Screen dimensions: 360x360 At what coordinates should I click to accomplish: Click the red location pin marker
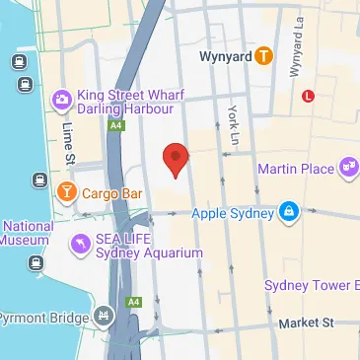click(x=176, y=159)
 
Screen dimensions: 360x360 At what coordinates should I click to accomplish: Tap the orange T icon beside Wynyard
click(x=263, y=57)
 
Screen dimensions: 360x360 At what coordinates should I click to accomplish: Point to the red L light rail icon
click(x=309, y=96)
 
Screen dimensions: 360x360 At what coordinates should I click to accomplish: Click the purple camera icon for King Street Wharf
click(x=61, y=99)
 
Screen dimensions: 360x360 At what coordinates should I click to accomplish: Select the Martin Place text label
click(x=296, y=169)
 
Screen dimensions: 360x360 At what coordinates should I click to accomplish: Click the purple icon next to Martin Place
click(x=348, y=169)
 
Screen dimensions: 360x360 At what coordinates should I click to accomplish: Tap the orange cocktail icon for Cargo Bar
click(x=67, y=190)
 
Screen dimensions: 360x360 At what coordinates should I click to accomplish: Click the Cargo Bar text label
click(x=111, y=192)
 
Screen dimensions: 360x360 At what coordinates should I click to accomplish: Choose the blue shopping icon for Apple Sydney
click(x=288, y=211)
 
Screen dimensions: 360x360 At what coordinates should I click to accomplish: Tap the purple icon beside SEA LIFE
click(x=79, y=243)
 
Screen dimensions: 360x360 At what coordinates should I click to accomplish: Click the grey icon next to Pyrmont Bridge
click(x=104, y=317)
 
